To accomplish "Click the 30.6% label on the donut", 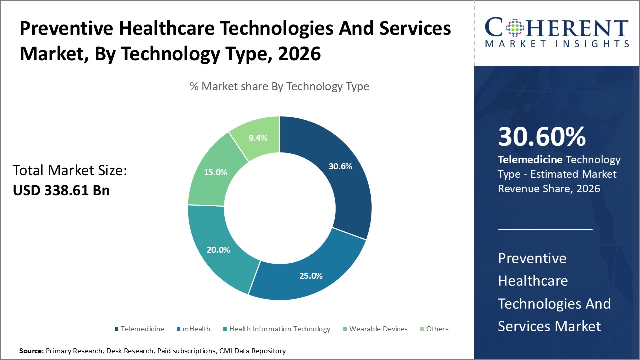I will tap(340, 166).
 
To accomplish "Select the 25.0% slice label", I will tap(311, 275).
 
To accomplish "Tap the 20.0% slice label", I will tap(218, 250).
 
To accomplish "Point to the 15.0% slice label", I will tap(215, 172).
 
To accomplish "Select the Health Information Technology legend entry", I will tap(279, 329).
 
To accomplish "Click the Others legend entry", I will tap(437, 329).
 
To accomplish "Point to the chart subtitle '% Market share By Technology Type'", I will tap(279, 86).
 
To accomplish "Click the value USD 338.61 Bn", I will tap(61, 190).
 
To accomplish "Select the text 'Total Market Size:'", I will tap(70, 171).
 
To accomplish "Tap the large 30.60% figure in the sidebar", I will tap(542, 137).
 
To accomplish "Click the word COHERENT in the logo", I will tap(557, 28).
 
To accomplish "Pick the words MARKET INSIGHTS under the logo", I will tap(557, 44).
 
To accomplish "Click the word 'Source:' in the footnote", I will tap(31, 351).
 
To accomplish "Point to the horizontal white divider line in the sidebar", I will tap(545, 230).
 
